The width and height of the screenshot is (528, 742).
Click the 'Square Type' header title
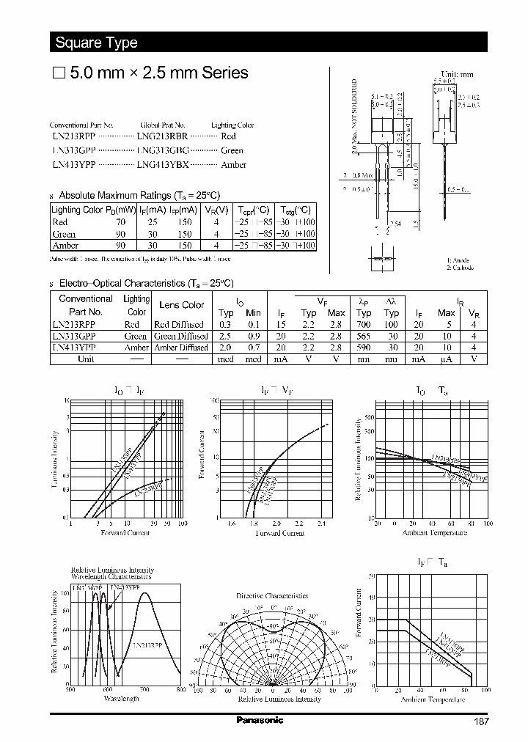coord(96,43)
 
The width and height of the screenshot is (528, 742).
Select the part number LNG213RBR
coord(163,136)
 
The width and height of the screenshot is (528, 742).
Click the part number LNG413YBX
coord(163,165)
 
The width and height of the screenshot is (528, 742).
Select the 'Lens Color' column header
coord(181,305)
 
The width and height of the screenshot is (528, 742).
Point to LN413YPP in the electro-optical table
coord(74,348)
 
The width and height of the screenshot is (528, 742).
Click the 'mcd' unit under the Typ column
coord(226,360)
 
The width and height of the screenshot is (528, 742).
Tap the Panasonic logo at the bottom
coord(260,720)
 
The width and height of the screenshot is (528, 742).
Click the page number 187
coord(480,721)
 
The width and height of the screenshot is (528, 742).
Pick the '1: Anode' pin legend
coord(458,260)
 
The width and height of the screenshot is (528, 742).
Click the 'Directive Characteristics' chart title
coord(272,596)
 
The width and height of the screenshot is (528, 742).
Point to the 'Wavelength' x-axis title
coord(121,699)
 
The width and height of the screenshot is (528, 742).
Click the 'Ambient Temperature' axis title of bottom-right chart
coord(433,699)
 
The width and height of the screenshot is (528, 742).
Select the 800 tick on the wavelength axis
coord(181,690)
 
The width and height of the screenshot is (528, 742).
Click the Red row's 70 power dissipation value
coord(121,221)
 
